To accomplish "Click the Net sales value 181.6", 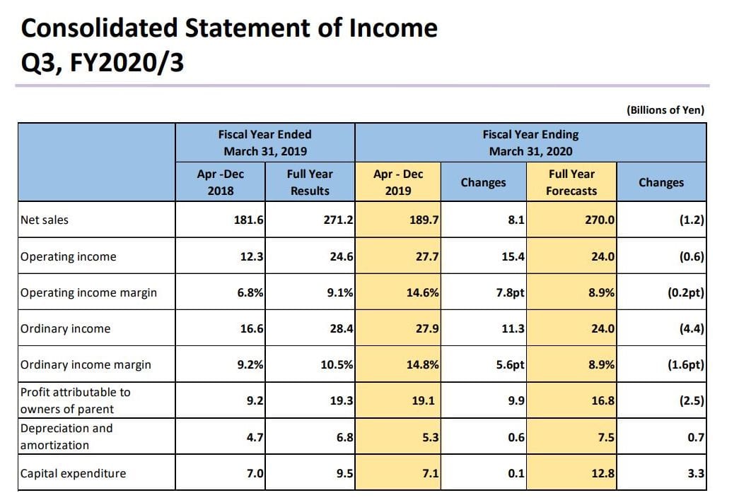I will [x=249, y=220].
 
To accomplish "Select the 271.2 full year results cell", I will [x=337, y=220].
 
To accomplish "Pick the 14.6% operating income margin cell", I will [x=423, y=293].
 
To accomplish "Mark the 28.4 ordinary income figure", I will [x=340, y=329].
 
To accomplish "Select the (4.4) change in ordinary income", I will [x=691, y=329].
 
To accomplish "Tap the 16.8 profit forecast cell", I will [x=603, y=401].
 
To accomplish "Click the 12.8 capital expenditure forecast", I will [x=603, y=474].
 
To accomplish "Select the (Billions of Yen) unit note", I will [x=665, y=110].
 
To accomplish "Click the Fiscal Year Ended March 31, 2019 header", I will [x=264, y=143].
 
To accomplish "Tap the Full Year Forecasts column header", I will [x=571, y=182].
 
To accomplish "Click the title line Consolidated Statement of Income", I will [x=229, y=28].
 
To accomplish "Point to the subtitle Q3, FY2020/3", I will [x=103, y=63].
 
